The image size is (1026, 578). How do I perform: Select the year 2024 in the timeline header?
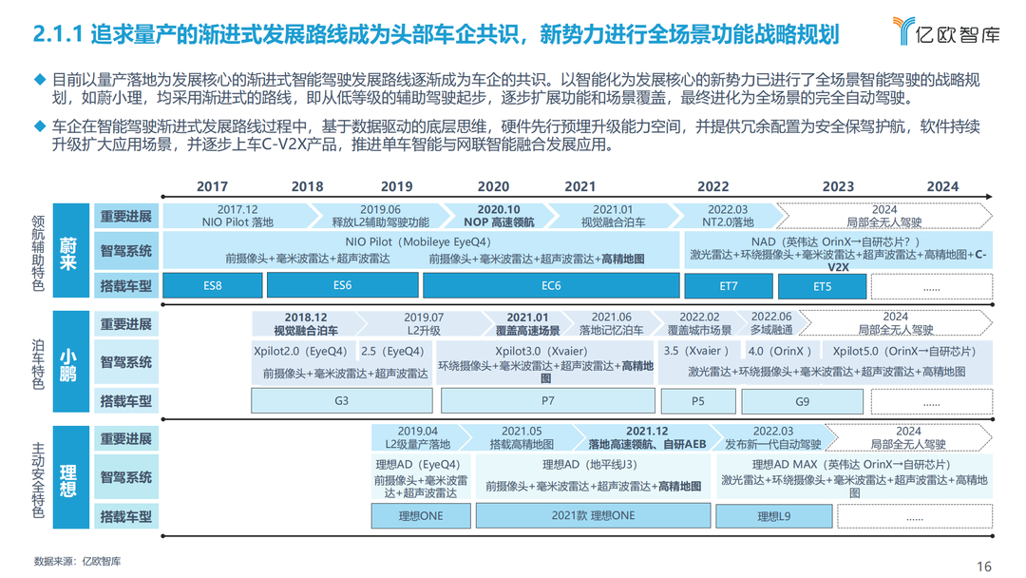(942, 186)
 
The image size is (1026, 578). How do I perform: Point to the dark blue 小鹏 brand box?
(68, 361)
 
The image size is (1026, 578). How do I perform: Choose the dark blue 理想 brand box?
(68, 476)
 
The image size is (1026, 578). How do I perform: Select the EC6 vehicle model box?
(550, 285)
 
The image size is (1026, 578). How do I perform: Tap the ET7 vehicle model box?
(728, 285)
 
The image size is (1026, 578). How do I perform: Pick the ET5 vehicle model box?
(822, 285)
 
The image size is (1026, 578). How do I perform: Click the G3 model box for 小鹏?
(342, 401)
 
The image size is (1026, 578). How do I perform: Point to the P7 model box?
(547, 401)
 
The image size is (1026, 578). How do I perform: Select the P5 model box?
(697, 401)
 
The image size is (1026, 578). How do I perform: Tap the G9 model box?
(803, 401)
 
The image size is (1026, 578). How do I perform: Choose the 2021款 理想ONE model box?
(593, 516)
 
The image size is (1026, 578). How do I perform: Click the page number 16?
(984, 566)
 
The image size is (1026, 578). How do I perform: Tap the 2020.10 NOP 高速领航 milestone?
(498, 215)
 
